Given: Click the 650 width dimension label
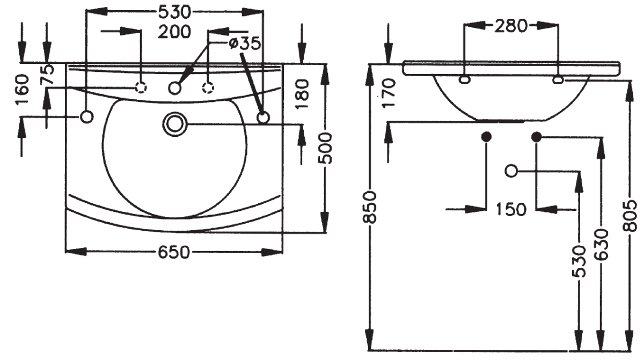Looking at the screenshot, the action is [x=174, y=253].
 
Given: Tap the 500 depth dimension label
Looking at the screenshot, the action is [x=325, y=148].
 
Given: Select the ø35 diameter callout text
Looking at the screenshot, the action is [x=245, y=43].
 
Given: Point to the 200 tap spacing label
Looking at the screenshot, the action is [x=174, y=32].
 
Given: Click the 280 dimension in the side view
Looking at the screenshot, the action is [x=511, y=26].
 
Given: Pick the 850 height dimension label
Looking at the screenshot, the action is [x=369, y=207].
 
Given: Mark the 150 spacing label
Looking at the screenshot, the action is [x=511, y=209].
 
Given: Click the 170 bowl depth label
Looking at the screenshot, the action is [x=389, y=94].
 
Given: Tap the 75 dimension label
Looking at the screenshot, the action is [x=47, y=75].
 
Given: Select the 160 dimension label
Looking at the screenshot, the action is [x=23, y=90].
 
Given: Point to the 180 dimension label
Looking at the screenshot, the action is [x=302, y=94].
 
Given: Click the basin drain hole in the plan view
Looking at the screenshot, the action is [x=175, y=124].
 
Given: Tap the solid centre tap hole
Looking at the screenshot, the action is [x=174, y=87].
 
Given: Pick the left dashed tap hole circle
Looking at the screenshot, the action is [x=141, y=87].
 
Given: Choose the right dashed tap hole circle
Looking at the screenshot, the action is [x=208, y=87].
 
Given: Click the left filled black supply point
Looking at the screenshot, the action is [x=486, y=137].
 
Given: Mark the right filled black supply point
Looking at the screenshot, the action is [x=536, y=137].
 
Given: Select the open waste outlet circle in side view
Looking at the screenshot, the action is [x=511, y=171].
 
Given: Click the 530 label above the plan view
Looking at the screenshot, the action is [x=175, y=12].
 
